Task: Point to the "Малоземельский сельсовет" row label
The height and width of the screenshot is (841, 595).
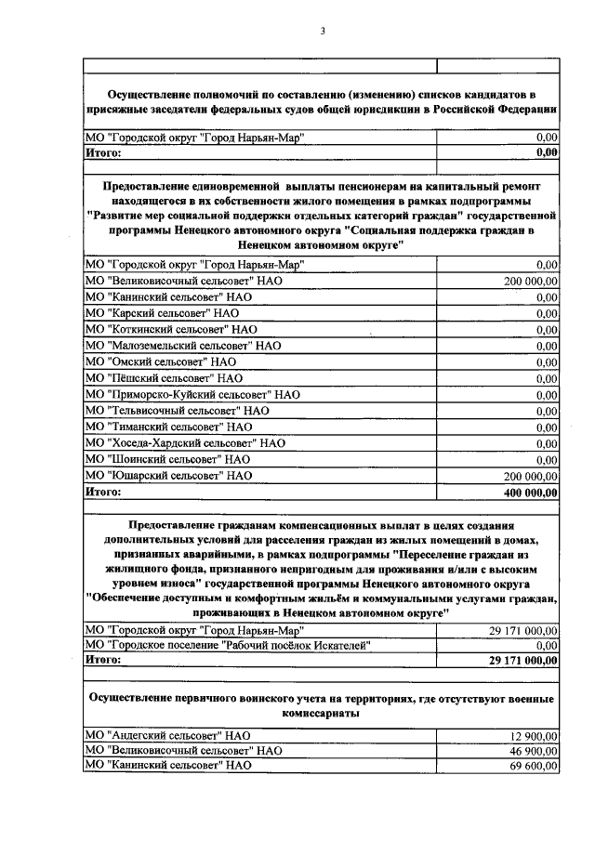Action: [182, 345]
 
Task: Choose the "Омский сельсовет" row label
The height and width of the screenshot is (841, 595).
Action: [160, 361]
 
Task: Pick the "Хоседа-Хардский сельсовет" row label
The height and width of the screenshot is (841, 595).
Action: [184, 443]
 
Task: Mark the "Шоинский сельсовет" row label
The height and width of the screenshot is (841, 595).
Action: [167, 459]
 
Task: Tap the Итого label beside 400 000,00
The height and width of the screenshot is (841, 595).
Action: [103, 492]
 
